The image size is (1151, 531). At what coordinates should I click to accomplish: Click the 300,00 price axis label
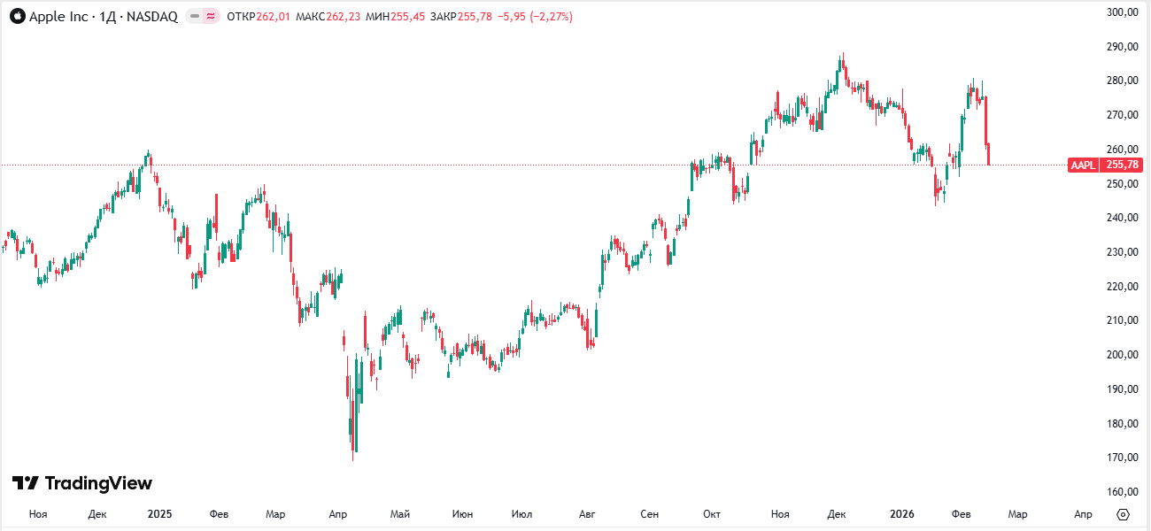[x=1123, y=12]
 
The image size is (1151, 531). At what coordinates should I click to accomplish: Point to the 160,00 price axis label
[x=1123, y=492]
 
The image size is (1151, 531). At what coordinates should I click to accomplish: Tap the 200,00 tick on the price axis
[x=1123, y=355]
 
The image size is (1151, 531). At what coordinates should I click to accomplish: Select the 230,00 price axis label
[x=1123, y=252]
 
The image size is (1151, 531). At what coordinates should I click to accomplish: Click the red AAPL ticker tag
[x=1083, y=165]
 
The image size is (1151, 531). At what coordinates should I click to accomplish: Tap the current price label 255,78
[x=1122, y=165]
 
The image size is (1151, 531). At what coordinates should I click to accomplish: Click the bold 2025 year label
[x=160, y=514]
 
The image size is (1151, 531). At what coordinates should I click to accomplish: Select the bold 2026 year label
[x=902, y=514]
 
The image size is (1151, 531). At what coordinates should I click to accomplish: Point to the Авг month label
[x=587, y=514]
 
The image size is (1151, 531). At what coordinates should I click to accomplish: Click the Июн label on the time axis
[x=462, y=514]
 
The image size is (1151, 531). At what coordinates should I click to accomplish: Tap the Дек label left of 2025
[x=98, y=514]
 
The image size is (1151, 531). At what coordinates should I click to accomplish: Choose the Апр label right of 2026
[x=1083, y=514]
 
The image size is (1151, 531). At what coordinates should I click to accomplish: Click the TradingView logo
[x=82, y=483]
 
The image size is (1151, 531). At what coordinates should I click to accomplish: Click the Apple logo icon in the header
[x=18, y=17]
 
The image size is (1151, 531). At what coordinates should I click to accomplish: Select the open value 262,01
[x=273, y=17]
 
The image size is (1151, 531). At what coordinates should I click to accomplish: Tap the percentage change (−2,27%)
[x=551, y=17]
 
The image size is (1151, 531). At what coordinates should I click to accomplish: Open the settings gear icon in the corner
[x=1124, y=514]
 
